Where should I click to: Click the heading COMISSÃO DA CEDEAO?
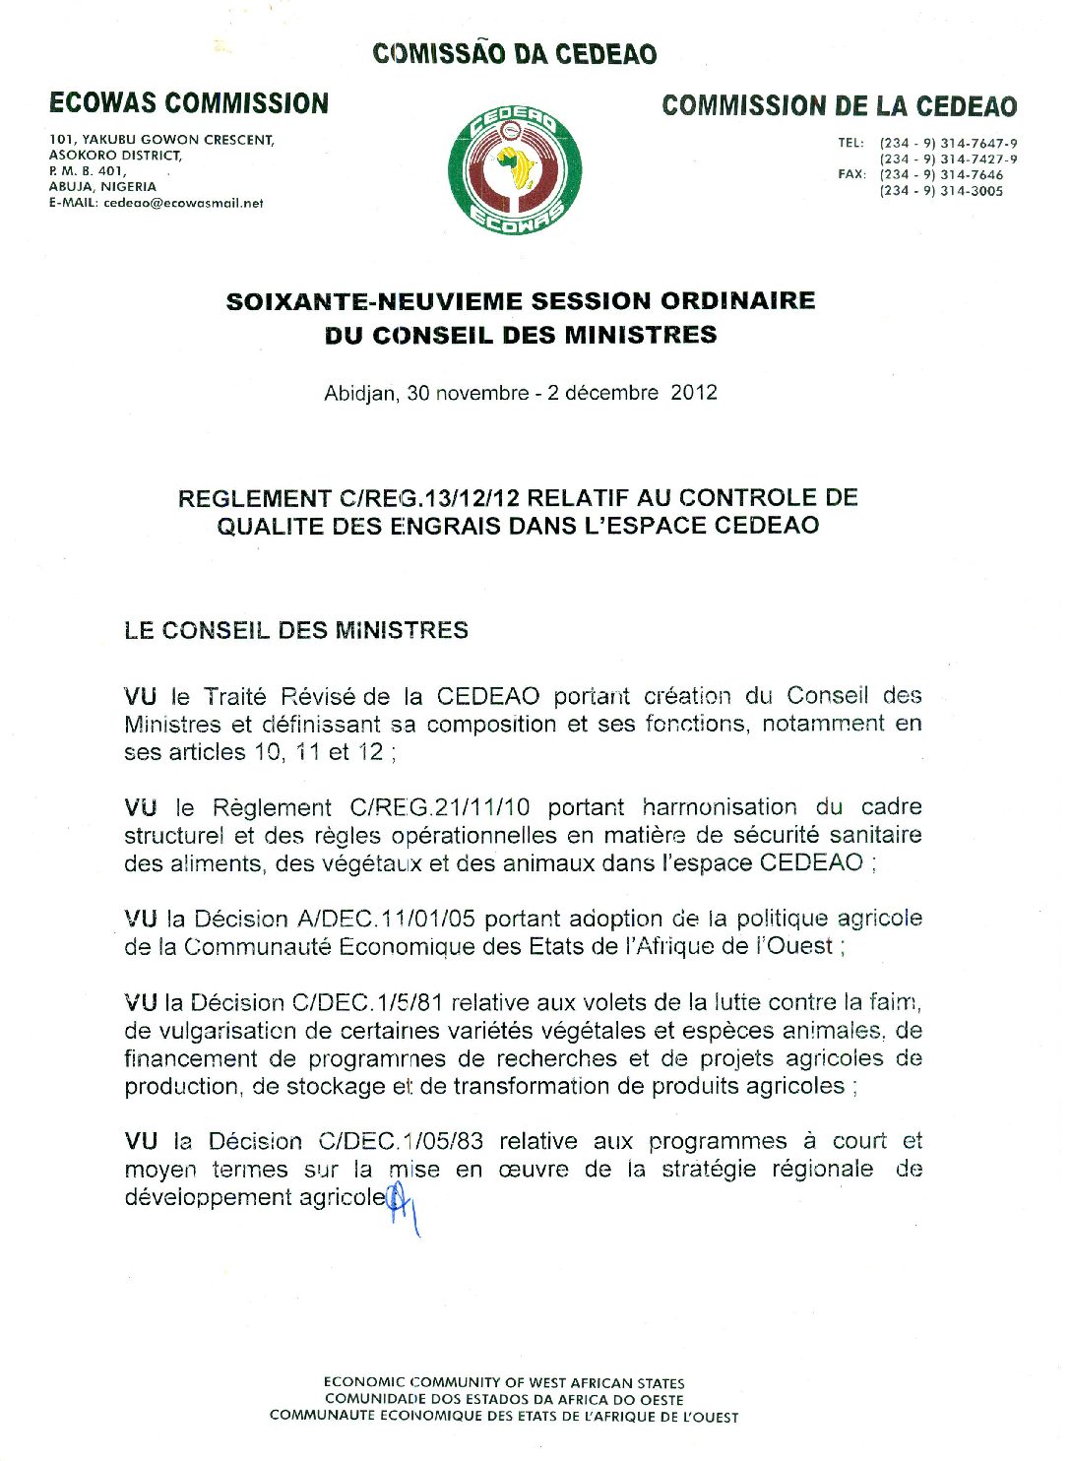514,54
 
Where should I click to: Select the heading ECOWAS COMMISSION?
189,103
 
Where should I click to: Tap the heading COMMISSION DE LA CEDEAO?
839,106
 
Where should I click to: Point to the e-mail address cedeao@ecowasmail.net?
183,204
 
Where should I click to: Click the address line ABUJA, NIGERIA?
102,187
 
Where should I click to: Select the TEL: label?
850,144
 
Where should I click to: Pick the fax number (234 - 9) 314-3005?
941,192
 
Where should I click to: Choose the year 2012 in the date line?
694,393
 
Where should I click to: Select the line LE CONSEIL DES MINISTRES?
296,631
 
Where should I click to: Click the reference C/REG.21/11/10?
439,808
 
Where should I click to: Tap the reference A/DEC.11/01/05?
386,920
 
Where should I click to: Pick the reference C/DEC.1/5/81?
366,1003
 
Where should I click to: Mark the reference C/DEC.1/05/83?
401,1142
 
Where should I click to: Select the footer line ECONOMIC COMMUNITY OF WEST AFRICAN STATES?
504,1383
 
